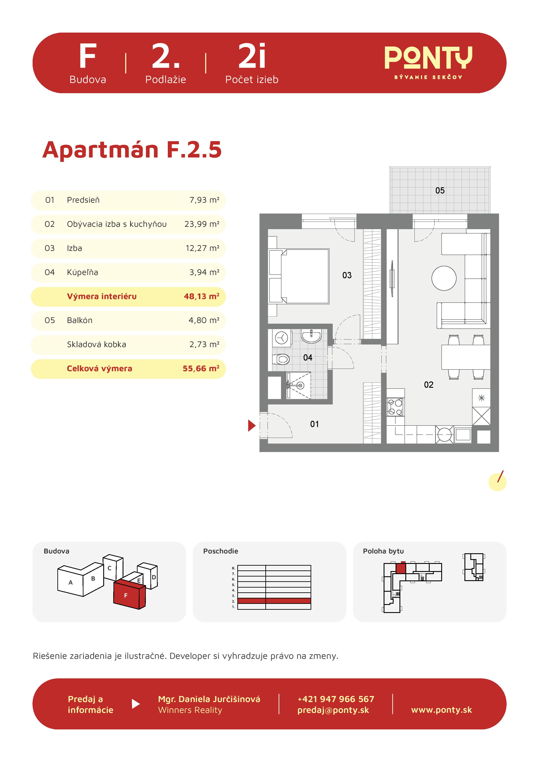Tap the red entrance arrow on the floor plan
pos(251,426)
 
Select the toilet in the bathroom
pos(281,359)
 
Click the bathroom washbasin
pos(311,336)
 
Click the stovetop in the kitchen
pos(395,407)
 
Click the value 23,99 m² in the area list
pos(202,224)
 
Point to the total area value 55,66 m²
pos(201,368)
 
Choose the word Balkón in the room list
pos(80,320)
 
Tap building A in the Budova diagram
pos(70,582)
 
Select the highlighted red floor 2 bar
pos(274,601)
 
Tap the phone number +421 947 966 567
pos(336,699)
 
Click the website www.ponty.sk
pos(441,710)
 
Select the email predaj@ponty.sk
pos(333,710)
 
